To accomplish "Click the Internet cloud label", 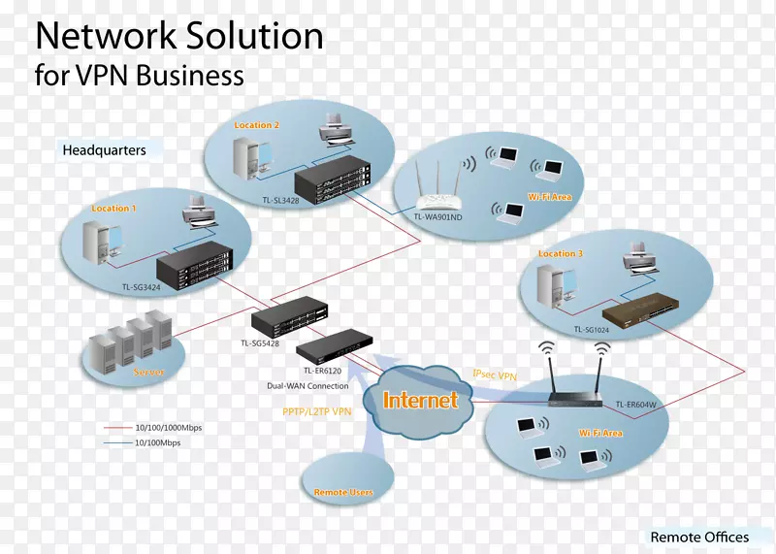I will pos(421,400).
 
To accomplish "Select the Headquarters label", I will pos(104,150).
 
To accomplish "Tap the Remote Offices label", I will pos(699,537).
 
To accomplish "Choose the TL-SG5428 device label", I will pos(261,342).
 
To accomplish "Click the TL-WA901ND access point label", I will pos(438,217).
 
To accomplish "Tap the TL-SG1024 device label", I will pos(592,330).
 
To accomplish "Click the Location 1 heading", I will pos(113,209).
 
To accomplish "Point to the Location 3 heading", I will pos(561,254).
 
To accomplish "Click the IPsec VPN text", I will pos(495,374).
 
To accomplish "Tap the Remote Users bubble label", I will pos(343,493).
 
